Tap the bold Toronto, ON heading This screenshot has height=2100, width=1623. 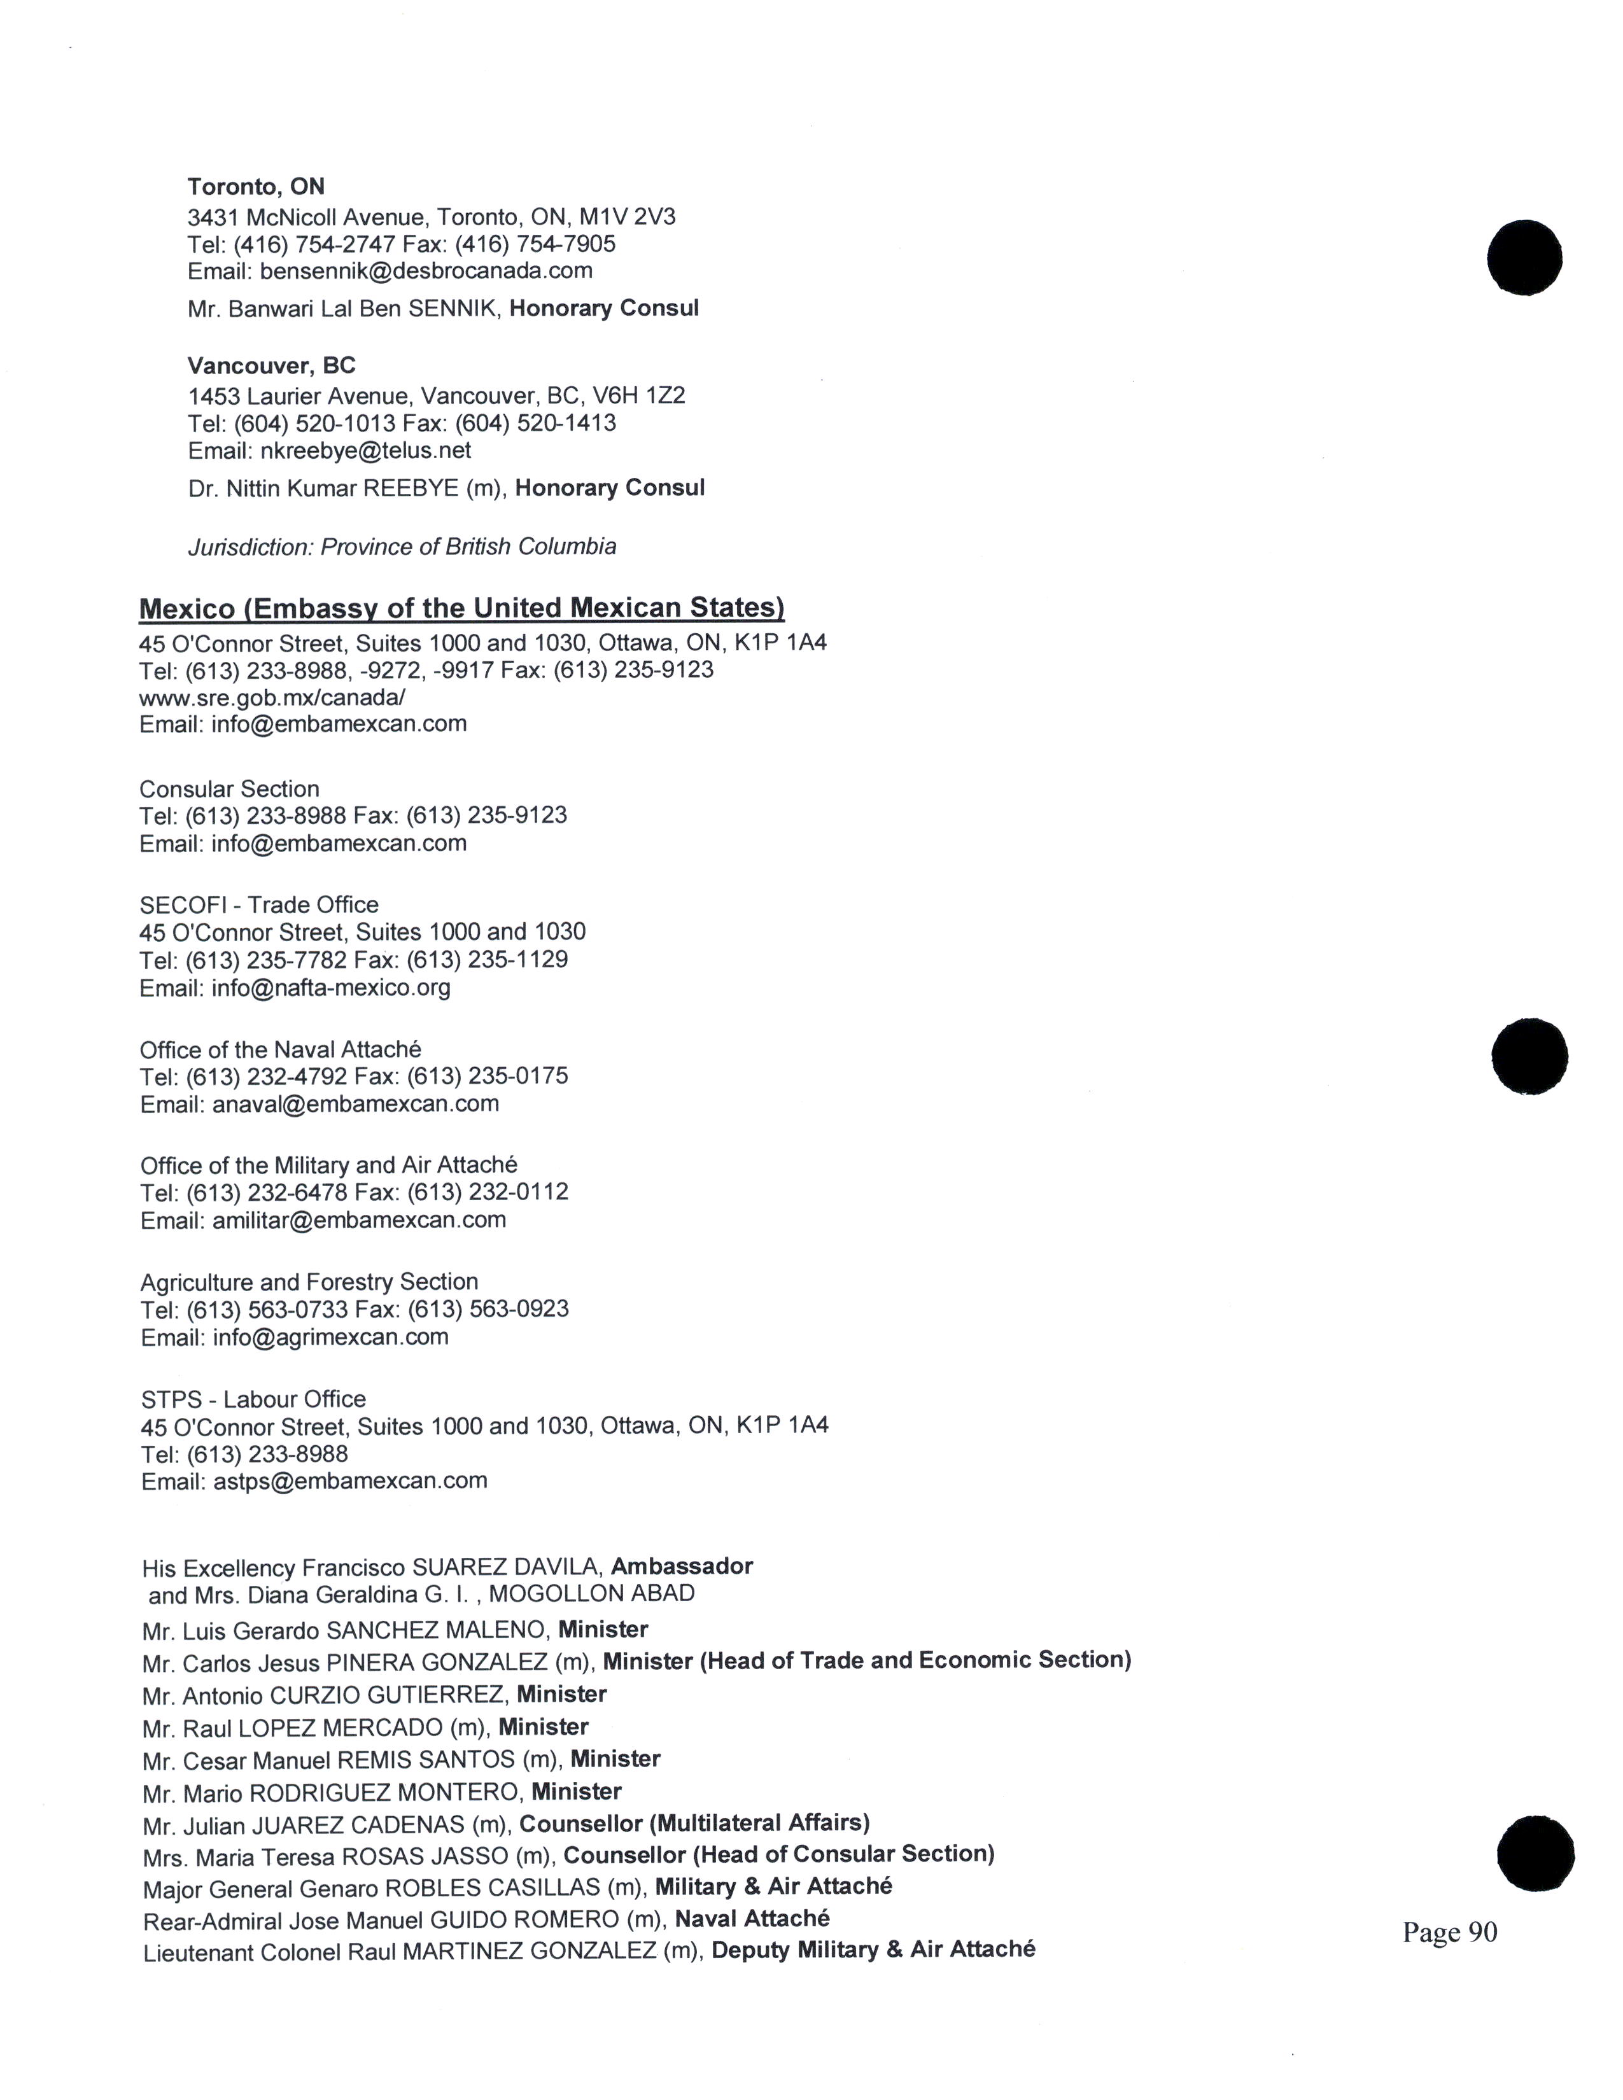[x=256, y=186]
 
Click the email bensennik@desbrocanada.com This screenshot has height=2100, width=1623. [x=426, y=271]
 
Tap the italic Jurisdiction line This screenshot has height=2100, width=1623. [x=402, y=547]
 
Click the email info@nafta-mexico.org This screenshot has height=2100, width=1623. [x=331, y=988]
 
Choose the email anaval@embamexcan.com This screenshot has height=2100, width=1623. [x=356, y=1104]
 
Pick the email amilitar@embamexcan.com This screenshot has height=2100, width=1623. [x=358, y=1220]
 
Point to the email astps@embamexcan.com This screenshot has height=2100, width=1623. [x=350, y=1481]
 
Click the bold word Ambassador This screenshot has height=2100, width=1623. [x=682, y=1566]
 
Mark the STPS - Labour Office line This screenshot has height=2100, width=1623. [x=253, y=1399]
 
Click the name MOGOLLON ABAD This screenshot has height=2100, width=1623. [x=591, y=1593]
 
